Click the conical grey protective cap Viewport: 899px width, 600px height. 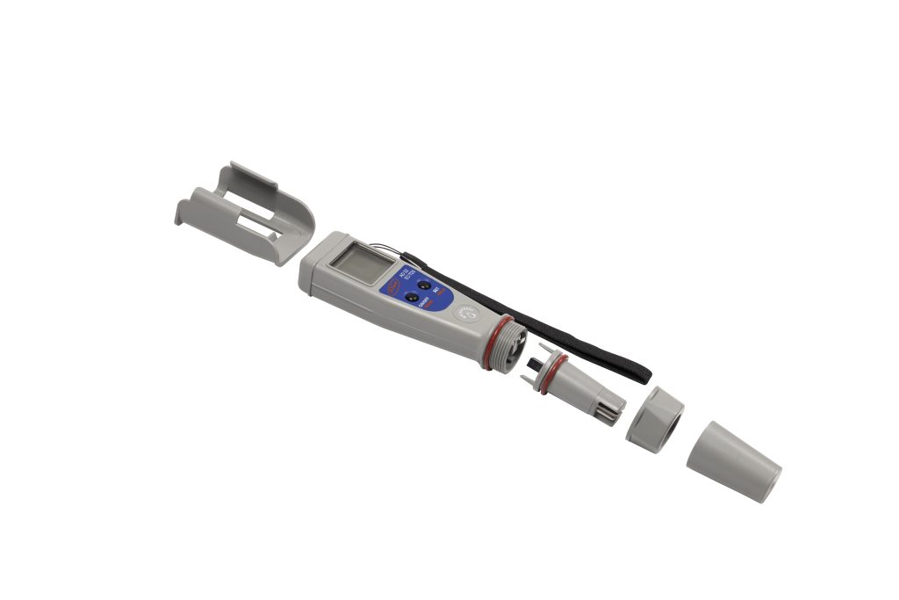(733, 461)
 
